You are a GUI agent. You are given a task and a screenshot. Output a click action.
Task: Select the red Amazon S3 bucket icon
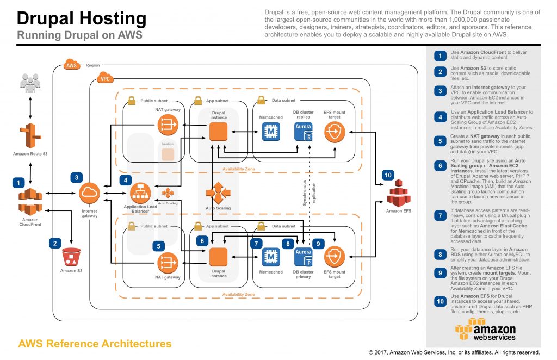pos(71,257)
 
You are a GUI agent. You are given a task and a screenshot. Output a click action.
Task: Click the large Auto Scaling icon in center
pos(218,193)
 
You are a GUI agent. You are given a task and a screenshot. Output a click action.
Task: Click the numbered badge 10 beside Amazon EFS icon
pos(387,175)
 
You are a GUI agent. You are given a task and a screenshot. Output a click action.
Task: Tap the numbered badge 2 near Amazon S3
pos(55,243)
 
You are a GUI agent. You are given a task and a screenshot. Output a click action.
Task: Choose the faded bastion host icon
pos(168,154)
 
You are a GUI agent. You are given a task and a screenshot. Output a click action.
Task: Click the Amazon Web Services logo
pos(485,330)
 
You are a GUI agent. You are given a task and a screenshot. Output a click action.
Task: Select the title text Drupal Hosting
pos(82,18)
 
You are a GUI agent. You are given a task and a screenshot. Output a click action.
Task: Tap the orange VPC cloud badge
pos(104,78)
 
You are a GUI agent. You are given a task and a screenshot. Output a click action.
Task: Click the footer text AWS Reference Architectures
pos(95,344)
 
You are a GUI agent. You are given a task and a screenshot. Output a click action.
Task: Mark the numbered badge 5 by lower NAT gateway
pos(158,245)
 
